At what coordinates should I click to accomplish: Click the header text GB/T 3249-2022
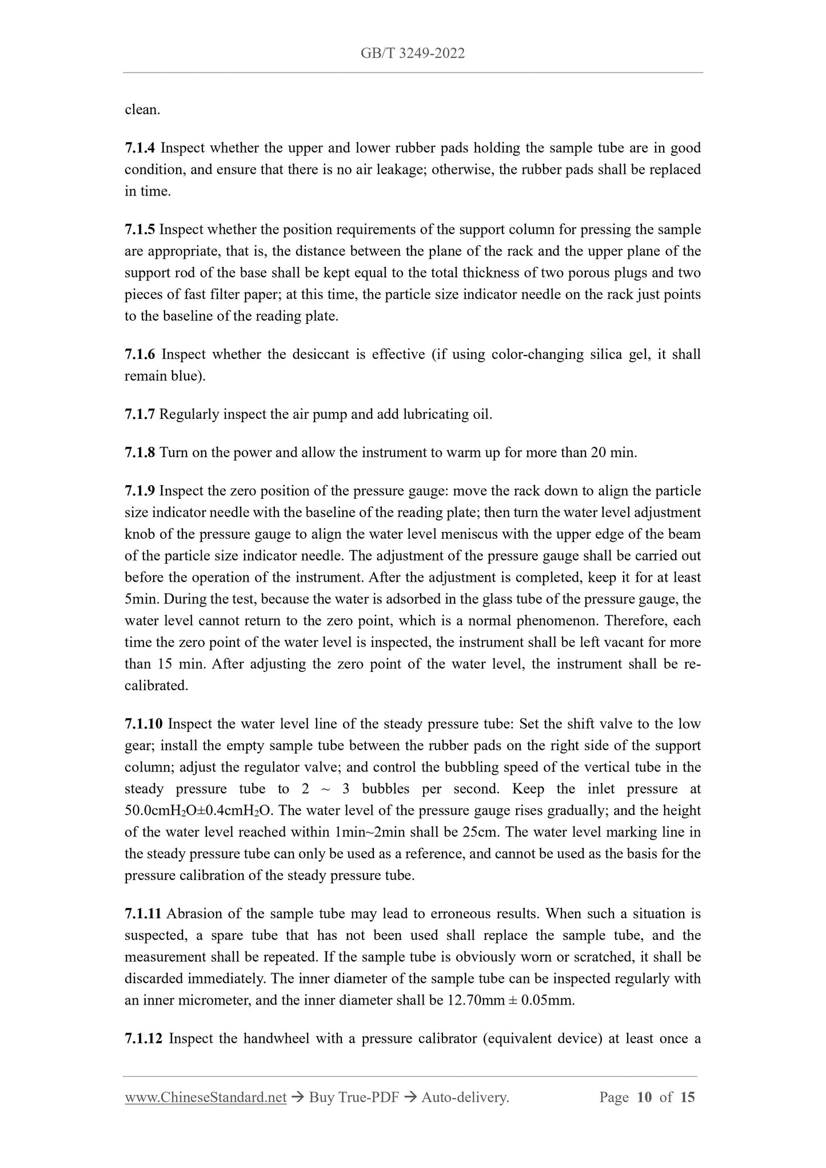412,54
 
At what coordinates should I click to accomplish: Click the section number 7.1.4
139,149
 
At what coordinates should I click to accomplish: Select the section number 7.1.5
139,230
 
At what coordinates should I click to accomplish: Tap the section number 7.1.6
139,355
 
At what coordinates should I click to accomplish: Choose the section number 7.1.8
139,453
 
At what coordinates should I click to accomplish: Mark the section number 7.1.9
139,491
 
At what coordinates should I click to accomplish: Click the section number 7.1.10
143,725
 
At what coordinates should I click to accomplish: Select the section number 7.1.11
143,914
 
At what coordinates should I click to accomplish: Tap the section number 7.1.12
143,1039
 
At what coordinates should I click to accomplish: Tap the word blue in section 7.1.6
183,377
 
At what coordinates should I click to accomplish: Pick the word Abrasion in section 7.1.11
192,914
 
